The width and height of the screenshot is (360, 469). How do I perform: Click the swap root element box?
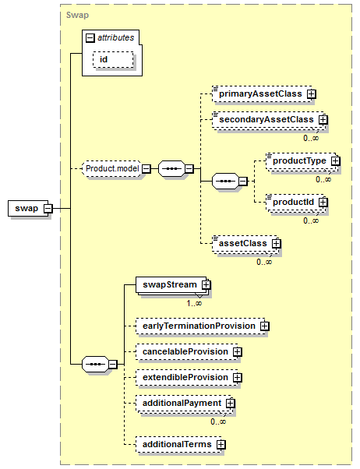click(x=28, y=208)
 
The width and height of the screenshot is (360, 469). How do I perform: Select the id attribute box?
click(x=113, y=59)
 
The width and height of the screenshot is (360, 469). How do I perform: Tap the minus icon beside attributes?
click(x=90, y=38)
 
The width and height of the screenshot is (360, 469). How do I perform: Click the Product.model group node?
click(x=112, y=169)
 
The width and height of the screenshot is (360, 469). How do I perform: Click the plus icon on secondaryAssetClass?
click(x=323, y=120)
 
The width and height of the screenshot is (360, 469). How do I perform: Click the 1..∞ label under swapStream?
click(x=194, y=303)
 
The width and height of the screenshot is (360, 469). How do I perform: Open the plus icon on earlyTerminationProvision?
click(x=264, y=326)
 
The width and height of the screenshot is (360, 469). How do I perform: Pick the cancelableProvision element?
click(x=187, y=352)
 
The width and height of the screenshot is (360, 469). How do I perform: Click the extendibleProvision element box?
click(x=187, y=378)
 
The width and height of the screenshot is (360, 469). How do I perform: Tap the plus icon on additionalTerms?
click(x=221, y=445)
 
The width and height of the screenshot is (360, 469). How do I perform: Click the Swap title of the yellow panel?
click(x=77, y=16)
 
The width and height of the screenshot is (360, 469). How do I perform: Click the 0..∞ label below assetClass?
click(x=264, y=262)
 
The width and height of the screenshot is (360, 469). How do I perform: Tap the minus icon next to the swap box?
click(x=48, y=209)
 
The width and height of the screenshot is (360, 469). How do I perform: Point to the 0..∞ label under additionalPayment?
click(x=218, y=421)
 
